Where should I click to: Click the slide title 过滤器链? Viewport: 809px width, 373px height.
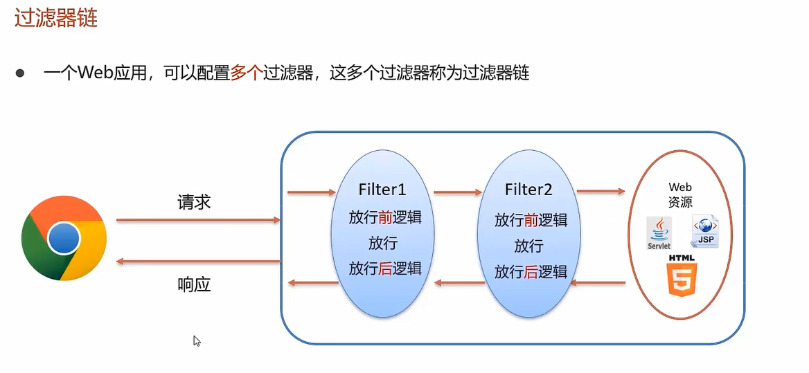[x=56, y=18]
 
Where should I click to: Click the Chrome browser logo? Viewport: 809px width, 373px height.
[x=64, y=238]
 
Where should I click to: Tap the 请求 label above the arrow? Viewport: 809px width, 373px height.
[x=194, y=203]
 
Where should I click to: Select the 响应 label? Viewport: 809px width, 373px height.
[x=194, y=284]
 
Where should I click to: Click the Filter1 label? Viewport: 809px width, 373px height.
[x=382, y=190]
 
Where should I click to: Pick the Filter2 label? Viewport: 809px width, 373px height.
[x=528, y=190]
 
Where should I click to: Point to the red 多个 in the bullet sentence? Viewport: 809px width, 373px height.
[x=246, y=73]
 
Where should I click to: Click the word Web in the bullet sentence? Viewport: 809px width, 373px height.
[x=95, y=73]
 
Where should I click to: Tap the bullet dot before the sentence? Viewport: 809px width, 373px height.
[x=20, y=73]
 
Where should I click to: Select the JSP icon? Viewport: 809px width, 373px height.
[x=704, y=231]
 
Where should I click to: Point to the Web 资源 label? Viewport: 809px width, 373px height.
[x=680, y=194]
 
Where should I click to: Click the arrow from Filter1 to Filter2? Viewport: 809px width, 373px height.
[x=458, y=192]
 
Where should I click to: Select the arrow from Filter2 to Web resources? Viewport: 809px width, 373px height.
[x=601, y=191]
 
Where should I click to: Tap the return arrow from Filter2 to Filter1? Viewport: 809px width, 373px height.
[x=459, y=282]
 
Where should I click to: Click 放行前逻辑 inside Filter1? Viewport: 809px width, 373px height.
[x=385, y=217]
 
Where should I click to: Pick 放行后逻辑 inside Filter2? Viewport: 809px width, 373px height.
[x=531, y=272]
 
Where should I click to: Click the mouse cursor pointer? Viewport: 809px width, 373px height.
[x=197, y=340]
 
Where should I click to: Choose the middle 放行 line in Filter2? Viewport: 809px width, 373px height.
[x=528, y=246]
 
